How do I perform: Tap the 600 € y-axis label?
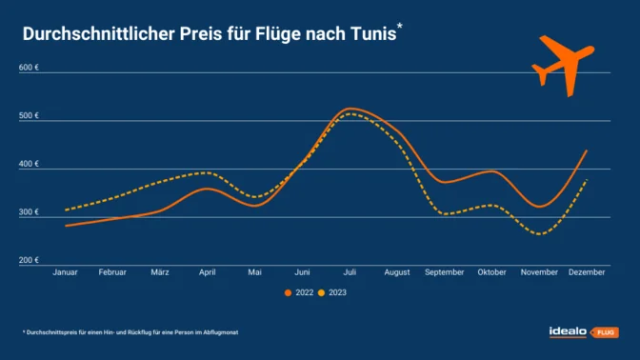tap(29, 69)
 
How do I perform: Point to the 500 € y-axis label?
tap(29, 116)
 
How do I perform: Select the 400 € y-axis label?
tap(29, 164)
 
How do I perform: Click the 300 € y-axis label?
tap(29, 212)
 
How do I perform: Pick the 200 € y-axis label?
tap(29, 260)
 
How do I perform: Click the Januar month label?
tap(65, 272)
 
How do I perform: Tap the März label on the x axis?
tap(160, 272)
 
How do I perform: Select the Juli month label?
tap(350, 272)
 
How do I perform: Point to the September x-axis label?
tap(445, 272)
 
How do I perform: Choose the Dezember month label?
tap(587, 272)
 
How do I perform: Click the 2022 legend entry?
tap(299, 292)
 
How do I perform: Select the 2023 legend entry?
tap(334, 292)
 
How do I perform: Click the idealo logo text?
tap(569, 331)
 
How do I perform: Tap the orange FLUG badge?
tap(606, 332)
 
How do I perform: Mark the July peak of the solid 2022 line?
tap(351, 109)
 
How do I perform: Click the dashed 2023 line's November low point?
tap(540, 233)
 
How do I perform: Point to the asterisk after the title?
tap(399, 28)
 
